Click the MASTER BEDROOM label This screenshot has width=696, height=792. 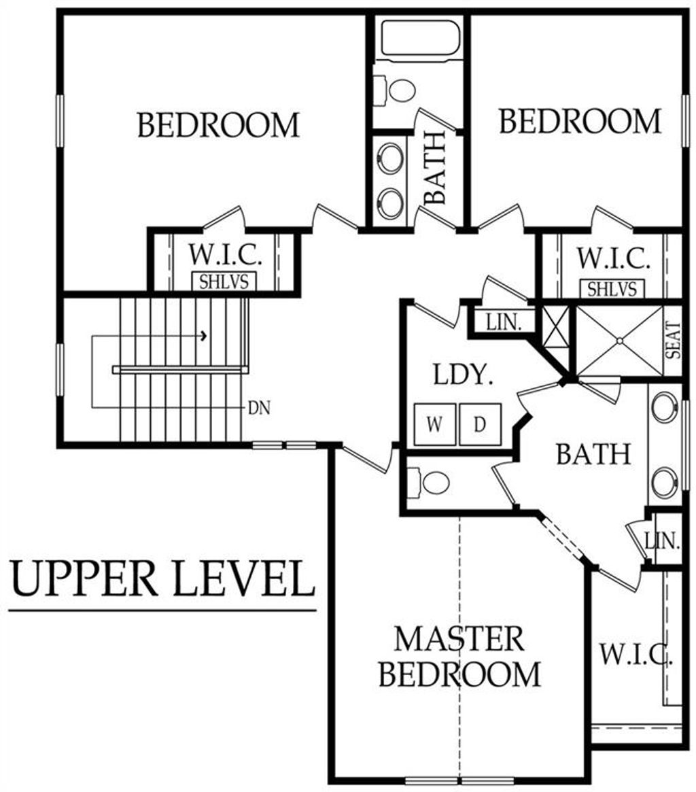pos(459,657)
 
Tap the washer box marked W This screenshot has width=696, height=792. pos(434,425)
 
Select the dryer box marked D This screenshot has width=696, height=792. pos(480,425)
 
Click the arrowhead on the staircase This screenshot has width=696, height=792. pos(203,335)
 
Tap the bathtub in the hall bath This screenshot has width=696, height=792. pos(419,38)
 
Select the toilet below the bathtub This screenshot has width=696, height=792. pos(401,90)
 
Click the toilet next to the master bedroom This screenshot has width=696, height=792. pos(432,483)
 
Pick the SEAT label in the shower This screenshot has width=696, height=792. pos(672,341)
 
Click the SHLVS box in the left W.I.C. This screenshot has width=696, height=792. pos(223,281)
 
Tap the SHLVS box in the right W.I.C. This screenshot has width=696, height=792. pos(612,289)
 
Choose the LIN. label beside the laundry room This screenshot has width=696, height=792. pos(504,323)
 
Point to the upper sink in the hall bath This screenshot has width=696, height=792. pos(390,158)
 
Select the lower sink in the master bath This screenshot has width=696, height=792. pos(664,483)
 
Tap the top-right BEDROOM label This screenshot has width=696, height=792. pos(580,122)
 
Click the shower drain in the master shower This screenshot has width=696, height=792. pos(620,341)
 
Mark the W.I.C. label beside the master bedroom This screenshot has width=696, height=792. pos(636,655)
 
